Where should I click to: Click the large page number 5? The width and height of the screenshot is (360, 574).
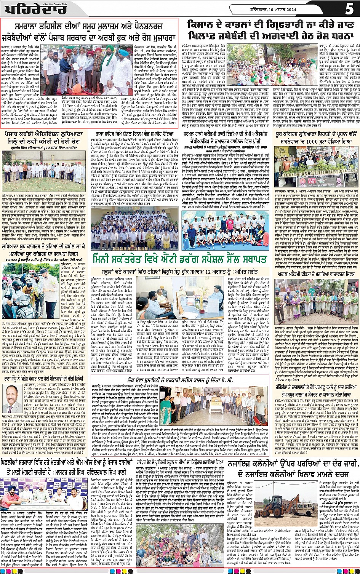[x=349, y=9]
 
